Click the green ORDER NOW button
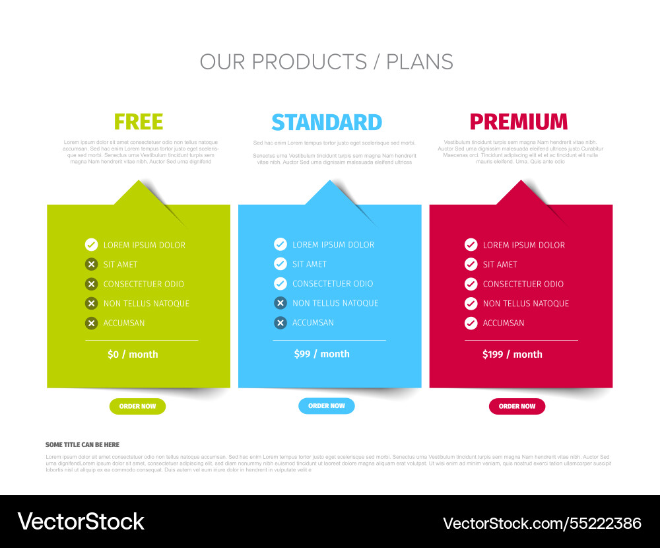click(x=137, y=407)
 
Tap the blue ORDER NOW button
click(x=327, y=406)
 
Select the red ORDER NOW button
click(x=517, y=407)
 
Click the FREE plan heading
click(x=139, y=122)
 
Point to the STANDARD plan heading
click(x=327, y=122)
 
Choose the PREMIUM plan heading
click(x=518, y=122)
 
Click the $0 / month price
click(x=133, y=355)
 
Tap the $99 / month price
click(x=321, y=354)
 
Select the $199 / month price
click(x=512, y=355)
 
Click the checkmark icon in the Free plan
click(x=92, y=245)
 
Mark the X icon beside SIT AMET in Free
click(x=92, y=264)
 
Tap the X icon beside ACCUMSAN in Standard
click(x=280, y=323)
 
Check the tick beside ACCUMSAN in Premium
click(x=471, y=323)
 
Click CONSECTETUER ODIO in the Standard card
click(x=333, y=284)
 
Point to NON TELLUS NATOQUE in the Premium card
click(x=525, y=304)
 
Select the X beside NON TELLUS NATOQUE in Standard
click(x=280, y=303)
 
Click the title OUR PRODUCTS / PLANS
click(x=327, y=62)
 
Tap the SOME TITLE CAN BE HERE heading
click(x=82, y=445)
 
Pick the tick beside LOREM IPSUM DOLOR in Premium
click(x=471, y=245)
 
